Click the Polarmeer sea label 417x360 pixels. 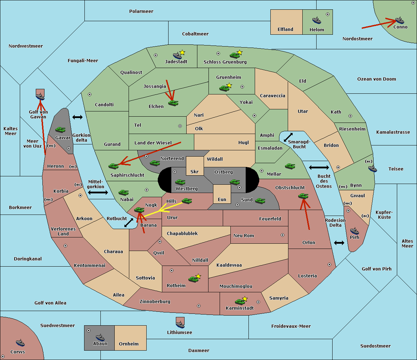141,11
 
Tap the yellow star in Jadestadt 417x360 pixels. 182,52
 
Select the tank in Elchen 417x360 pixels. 173,103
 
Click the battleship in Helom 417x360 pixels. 317,20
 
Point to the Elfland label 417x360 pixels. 285,30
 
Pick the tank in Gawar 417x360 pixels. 60,129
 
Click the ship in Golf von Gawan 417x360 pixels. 40,97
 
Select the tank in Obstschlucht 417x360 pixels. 303,196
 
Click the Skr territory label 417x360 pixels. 195,171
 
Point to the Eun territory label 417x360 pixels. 222,199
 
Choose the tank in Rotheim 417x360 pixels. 194,279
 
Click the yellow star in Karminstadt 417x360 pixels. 245,299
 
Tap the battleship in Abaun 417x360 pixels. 100,337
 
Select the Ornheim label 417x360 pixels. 129,344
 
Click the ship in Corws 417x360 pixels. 20,343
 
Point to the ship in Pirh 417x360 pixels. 354,231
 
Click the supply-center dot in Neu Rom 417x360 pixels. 283,235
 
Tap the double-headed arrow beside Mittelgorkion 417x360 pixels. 98,192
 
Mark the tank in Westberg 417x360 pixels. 180,182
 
